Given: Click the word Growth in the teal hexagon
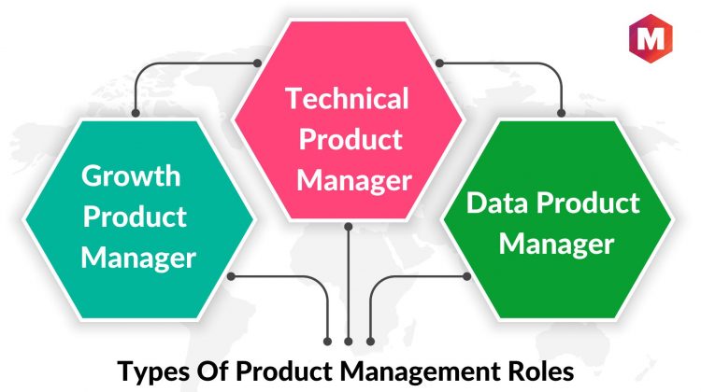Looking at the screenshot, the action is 131,176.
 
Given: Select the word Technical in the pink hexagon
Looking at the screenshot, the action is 347,98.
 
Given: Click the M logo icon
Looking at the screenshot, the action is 651,38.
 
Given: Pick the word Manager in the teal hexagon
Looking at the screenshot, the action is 138,259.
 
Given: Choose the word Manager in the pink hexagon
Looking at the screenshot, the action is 354,181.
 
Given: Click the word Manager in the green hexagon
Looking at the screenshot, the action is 557,245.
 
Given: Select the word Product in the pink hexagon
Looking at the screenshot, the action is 350,139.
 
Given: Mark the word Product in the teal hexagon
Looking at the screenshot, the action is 135,217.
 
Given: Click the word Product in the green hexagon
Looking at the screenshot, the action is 588,203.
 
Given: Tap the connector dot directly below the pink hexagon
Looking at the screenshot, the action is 349,227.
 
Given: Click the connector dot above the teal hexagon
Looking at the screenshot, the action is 136,113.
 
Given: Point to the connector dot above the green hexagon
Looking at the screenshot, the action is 561,113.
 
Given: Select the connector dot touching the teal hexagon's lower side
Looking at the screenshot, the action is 231,276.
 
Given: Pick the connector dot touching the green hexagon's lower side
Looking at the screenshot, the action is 466,276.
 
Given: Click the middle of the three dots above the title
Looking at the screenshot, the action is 349,342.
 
